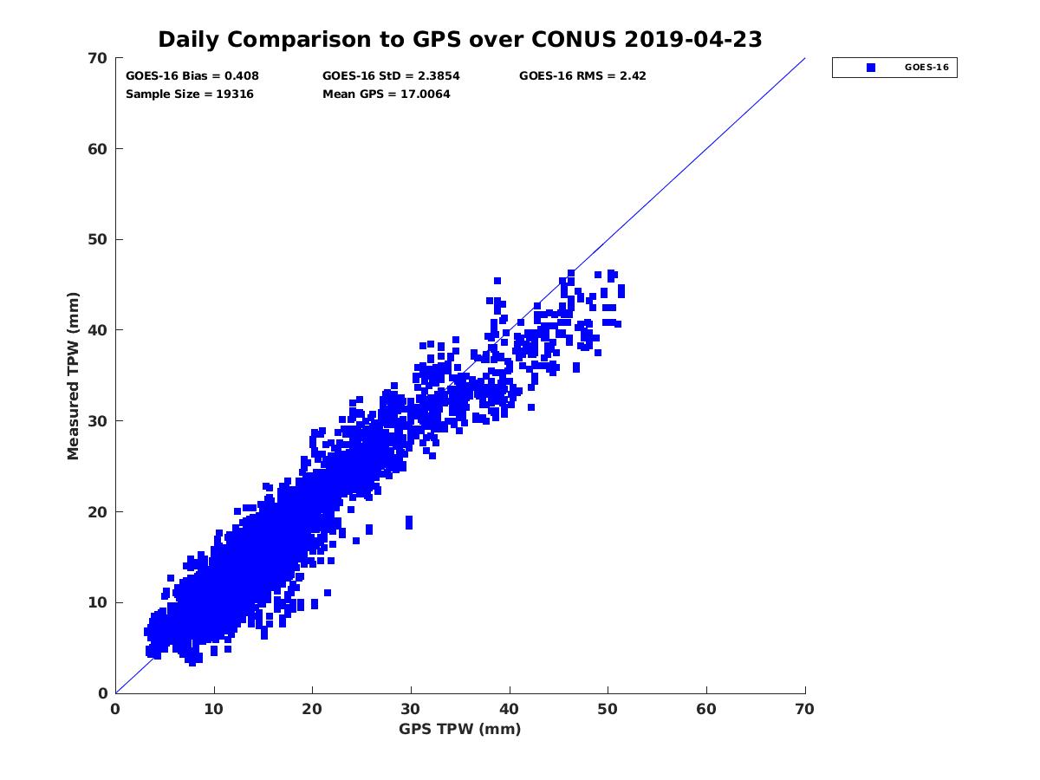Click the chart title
tap(460, 39)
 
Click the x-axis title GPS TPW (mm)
tap(460, 729)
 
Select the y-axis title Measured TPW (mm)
tap(74, 375)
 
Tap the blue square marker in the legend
tap(871, 68)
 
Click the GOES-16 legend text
tap(926, 68)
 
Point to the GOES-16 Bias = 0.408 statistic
tap(192, 76)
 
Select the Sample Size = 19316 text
tap(190, 94)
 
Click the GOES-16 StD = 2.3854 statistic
tap(391, 76)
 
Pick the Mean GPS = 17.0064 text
tap(387, 94)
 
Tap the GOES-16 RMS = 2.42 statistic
tap(582, 76)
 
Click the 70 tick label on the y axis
tap(98, 58)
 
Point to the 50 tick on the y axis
tap(98, 239)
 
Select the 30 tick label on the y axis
tap(98, 421)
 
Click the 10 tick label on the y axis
tap(98, 602)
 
